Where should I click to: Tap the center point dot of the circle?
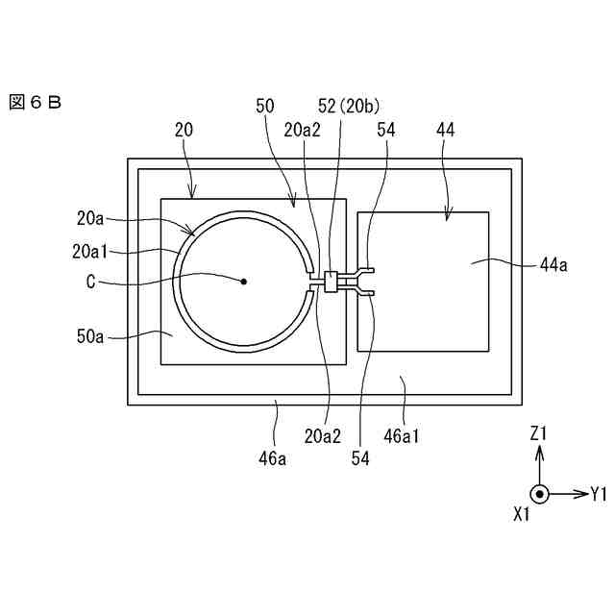(x=244, y=281)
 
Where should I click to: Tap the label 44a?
(x=553, y=265)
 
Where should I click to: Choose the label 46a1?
(x=402, y=435)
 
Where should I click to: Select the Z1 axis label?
(x=539, y=434)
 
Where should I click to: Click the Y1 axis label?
(x=599, y=495)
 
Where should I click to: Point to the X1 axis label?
(x=522, y=515)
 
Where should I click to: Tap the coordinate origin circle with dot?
(x=540, y=495)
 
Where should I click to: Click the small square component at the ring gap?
(x=332, y=282)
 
